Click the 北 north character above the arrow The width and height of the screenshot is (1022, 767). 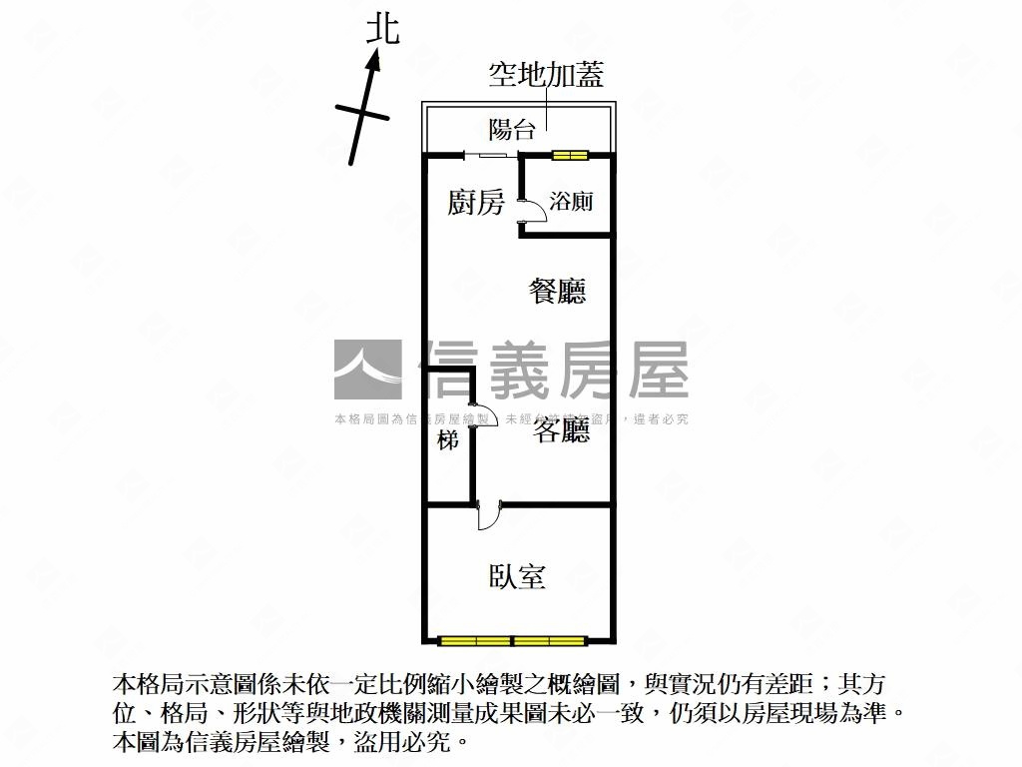point(383,28)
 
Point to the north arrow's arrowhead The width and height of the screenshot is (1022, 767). point(374,63)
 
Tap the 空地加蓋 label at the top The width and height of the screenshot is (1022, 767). point(546,75)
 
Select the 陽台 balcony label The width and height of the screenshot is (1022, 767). point(512,129)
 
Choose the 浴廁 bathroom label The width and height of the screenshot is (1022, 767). point(572,202)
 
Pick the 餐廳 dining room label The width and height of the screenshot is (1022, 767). point(557,292)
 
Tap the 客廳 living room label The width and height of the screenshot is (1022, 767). point(560,431)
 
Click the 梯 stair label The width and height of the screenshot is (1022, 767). point(448,439)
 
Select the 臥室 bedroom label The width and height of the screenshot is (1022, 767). point(517,576)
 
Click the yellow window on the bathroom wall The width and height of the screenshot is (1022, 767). point(572,155)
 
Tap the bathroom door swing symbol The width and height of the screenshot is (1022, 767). point(531,207)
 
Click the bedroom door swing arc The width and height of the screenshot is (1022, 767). point(489,516)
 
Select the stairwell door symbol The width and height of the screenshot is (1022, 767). point(485,414)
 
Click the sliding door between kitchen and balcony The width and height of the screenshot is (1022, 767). point(490,155)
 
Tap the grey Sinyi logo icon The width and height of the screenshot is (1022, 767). point(367,371)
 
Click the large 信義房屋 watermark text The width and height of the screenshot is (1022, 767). point(555,371)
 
